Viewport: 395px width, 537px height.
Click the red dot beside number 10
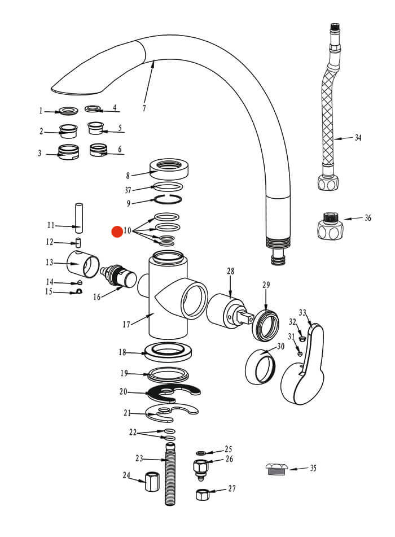(117, 232)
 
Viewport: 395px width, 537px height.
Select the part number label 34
(358, 138)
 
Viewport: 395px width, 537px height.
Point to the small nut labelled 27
(202, 494)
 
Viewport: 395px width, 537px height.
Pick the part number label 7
(144, 108)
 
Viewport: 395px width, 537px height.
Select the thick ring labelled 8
(169, 168)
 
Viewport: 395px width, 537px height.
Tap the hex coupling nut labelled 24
(152, 481)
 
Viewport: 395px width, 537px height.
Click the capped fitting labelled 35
(277, 470)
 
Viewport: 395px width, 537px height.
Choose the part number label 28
(230, 271)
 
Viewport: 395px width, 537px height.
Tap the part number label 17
(126, 324)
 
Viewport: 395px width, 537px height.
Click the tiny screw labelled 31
(300, 353)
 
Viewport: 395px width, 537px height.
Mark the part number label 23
(139, 459)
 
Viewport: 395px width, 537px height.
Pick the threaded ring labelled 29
(266, 325)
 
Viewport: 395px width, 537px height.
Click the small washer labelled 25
(200, 453)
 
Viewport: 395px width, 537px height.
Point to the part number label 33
(302, 313)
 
